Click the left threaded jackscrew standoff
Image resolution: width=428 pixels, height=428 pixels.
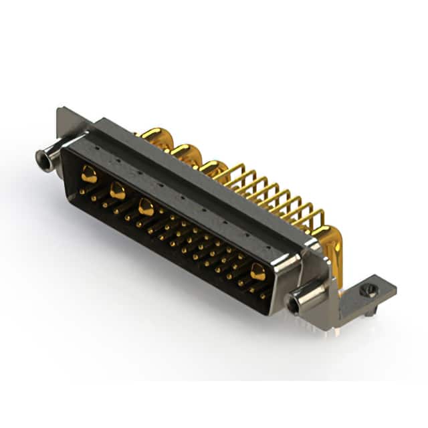[46, 158]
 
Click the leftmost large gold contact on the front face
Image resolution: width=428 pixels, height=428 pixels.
[89, 175]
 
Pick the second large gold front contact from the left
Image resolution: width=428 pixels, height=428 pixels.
[117, 191]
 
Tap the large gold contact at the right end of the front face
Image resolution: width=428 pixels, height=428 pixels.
[257, 271]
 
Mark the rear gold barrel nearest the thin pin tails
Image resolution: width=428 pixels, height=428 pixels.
[215, 169]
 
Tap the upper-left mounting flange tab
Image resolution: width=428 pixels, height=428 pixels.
[70, 120]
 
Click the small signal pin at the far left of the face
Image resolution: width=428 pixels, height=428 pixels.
[81, 191]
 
